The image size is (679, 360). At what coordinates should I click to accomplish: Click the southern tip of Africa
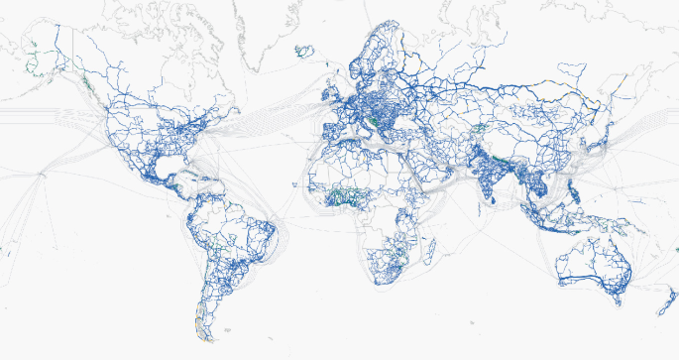click(380, 281)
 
